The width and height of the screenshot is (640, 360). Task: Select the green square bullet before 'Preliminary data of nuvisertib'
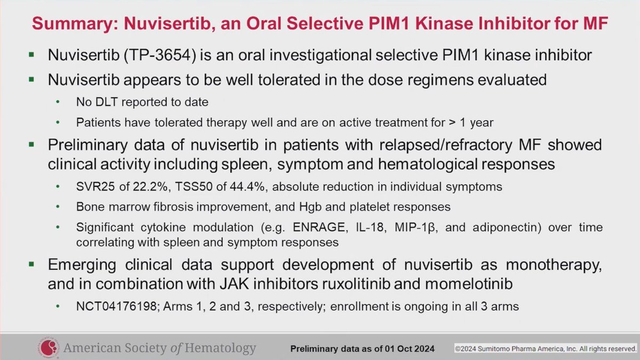click(33, 145)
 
